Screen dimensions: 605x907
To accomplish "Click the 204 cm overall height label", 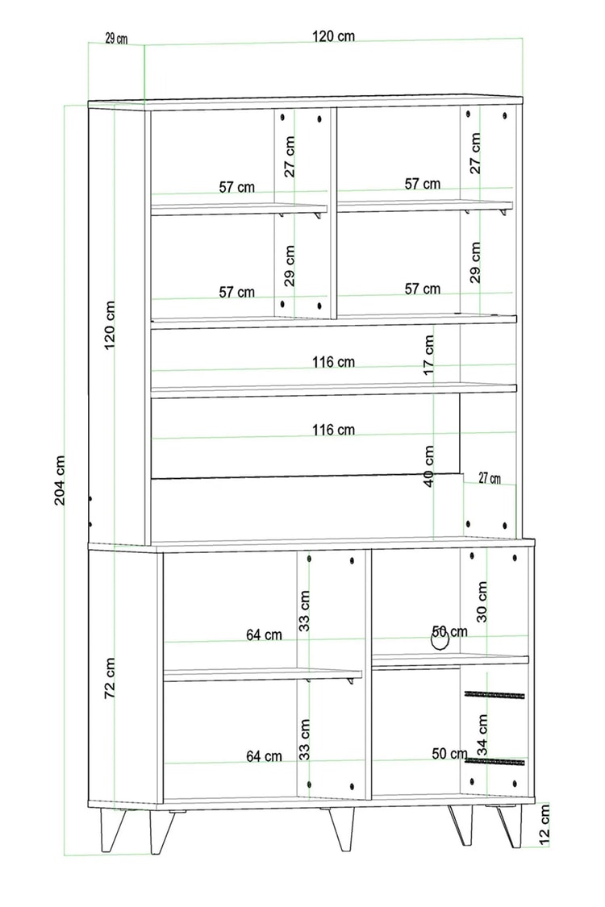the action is click(x=60, y=481).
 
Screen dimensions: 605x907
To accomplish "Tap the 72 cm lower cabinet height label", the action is click(x=110, y=677).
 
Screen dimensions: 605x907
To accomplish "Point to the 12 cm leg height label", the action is click(x=544, y=826).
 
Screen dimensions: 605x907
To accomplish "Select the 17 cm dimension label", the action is click(x=428, y=355).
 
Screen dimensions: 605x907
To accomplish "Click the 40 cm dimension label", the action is click(x=428, y=466).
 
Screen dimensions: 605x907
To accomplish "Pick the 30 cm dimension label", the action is click(x=482, y=601).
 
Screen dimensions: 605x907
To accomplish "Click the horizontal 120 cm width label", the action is click(x=333, y=36).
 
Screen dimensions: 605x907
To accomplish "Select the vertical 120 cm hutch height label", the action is click(x=110, y=325).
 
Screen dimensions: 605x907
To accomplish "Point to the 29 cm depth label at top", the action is click(x=116, y=39).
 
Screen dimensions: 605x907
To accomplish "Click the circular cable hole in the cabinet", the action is click(x=440, y=640).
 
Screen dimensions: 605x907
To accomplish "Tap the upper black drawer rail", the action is click(x=494, y=694).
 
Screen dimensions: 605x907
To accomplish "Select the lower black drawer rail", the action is click(x=494, y=761).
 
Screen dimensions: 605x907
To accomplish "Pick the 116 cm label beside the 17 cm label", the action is click(x=333, y=362).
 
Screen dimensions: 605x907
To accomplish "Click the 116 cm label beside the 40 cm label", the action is click(x=333, y=430).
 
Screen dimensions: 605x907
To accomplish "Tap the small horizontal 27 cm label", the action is click(x=490, y=478).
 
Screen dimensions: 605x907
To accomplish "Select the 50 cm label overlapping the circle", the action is click(x=449, y=631).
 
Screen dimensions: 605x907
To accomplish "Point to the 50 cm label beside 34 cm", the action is click(x=449, y=754).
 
